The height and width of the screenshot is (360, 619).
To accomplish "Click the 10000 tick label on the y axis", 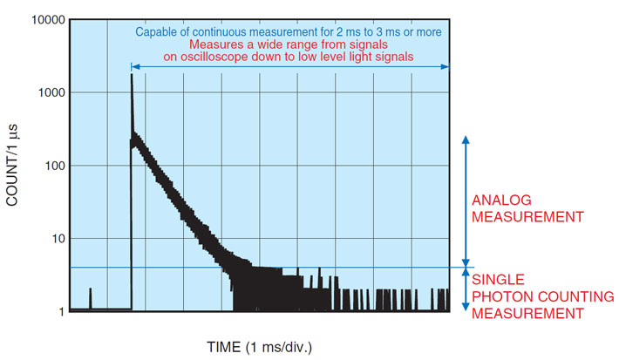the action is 48,20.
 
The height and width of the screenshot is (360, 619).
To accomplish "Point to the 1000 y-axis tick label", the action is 51,92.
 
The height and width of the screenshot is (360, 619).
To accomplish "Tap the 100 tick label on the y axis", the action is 54,166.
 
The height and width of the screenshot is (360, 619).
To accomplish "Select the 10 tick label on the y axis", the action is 58,239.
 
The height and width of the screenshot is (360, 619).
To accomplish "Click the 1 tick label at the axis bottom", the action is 62,312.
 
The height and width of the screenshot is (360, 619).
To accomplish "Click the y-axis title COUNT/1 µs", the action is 12,165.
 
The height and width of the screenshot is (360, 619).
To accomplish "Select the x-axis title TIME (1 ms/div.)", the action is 259,348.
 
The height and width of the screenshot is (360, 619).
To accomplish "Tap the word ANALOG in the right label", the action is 501,200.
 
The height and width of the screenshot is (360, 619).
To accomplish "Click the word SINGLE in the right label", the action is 498,280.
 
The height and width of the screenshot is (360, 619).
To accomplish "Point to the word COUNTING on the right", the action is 576,296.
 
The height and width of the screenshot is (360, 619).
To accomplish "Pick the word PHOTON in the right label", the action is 503,296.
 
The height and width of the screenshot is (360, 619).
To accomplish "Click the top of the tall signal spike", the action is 132,75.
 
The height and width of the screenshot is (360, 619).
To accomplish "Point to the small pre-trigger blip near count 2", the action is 90,289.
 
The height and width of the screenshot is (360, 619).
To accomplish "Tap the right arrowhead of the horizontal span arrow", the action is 446,67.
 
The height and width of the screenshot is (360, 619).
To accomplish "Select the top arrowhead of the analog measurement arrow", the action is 466,139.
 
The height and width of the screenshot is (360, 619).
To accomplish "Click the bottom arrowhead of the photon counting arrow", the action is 466,307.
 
